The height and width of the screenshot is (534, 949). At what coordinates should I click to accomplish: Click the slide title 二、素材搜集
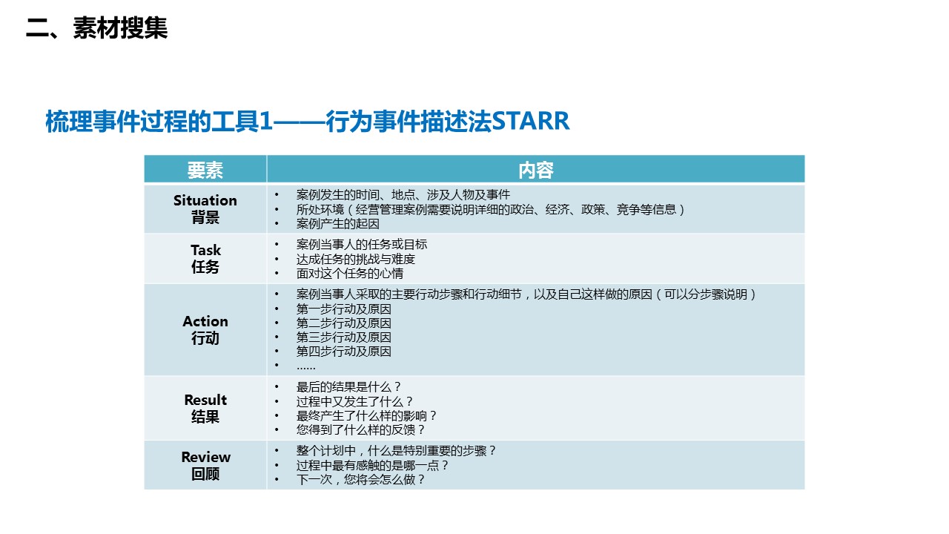96,28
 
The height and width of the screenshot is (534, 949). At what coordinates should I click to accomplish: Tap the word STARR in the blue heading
530,121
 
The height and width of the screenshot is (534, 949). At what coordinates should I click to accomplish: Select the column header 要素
205,170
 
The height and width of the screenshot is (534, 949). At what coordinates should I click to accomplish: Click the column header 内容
535,170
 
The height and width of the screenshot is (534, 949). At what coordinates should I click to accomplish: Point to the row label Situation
205,200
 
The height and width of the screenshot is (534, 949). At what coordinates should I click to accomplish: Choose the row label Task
205,250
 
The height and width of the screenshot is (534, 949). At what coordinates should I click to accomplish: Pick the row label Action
205,321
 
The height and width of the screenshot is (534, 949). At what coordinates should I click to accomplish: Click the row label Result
205,400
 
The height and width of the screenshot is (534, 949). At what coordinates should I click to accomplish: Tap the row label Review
205,457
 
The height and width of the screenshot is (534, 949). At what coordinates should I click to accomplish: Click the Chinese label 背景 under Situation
205,217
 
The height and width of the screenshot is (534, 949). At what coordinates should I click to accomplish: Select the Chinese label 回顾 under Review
205,474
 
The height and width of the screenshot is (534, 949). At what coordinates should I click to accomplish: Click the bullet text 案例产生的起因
337,223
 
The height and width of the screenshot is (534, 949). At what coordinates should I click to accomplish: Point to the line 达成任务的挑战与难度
355,259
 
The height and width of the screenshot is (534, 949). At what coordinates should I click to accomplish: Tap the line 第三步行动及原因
343,337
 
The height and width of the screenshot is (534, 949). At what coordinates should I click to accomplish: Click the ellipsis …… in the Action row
306,367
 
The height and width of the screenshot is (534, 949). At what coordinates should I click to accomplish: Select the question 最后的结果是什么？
348,387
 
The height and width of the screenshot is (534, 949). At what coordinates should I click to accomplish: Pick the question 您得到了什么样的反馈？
360,429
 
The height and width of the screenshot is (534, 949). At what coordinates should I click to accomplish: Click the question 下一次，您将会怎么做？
360,479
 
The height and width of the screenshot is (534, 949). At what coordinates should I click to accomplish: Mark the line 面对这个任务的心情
349,274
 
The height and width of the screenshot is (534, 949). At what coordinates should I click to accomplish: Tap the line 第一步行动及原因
343,309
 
